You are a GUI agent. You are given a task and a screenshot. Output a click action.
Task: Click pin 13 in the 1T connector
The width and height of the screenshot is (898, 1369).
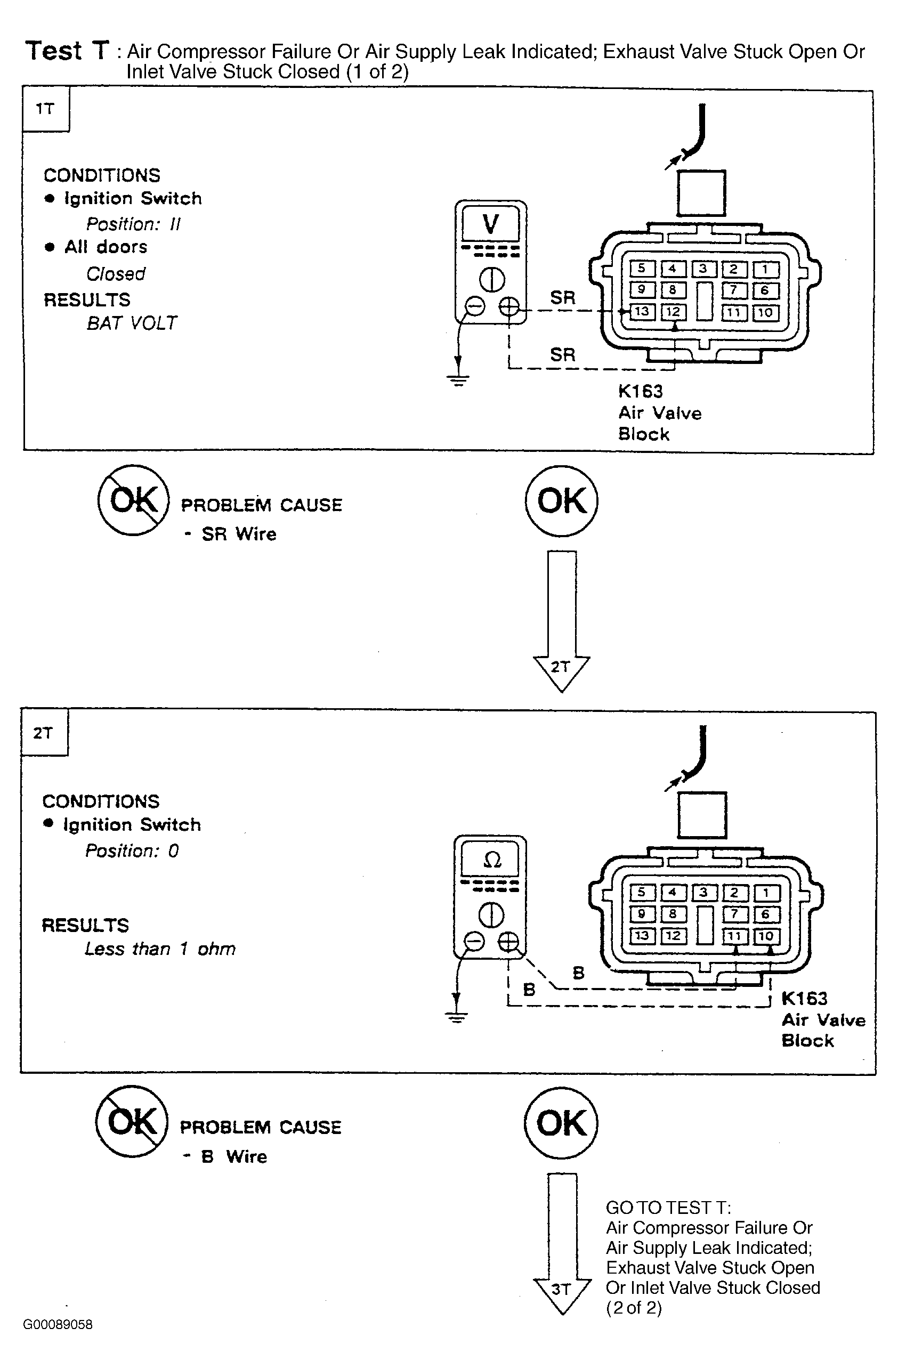[642, 312]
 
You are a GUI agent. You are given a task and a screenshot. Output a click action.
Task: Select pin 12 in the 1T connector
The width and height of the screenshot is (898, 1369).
[673, 312]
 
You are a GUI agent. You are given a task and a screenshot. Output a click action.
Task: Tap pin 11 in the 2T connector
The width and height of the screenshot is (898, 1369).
[734, 936]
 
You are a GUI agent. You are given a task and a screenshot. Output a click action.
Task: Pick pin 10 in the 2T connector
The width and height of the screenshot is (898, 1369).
[766, 936]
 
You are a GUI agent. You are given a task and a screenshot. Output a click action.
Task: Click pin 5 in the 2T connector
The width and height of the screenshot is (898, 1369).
[642, 892]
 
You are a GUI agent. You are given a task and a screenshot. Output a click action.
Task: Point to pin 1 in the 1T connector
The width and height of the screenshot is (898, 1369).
[766, 269]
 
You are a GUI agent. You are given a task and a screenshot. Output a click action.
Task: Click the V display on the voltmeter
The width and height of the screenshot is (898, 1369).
[491, 223]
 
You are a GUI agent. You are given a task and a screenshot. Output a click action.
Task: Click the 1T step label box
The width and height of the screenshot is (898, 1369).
[46, 109]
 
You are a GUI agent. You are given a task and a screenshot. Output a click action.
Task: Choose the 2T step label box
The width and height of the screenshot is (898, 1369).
[44, 732]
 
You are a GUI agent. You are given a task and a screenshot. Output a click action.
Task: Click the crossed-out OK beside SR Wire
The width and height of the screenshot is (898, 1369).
[133, 500]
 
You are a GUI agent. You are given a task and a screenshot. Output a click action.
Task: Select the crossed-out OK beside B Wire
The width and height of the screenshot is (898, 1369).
[132, 1122]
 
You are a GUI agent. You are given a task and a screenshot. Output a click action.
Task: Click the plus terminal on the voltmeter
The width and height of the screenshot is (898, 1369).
[508, 306]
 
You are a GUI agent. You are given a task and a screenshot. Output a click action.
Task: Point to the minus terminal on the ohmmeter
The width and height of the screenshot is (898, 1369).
[474, 941]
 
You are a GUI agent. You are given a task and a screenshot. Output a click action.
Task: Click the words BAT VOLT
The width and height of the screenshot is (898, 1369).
[132, 323]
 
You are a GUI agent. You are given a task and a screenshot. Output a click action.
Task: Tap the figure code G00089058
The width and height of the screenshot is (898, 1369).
[58, 1324]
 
